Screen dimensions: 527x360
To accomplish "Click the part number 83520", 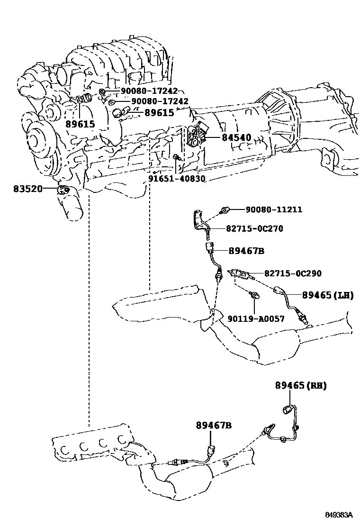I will click(28, 189).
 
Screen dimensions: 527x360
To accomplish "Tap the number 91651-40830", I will click(177, 179).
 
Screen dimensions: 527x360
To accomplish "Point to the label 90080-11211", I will click(274, 209).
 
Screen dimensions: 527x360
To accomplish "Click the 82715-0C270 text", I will click(254, 228).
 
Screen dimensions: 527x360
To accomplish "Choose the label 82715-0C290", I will click(293, 273).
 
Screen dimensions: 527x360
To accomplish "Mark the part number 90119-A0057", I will click(256, 319).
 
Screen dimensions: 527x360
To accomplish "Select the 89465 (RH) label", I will click(301, 386).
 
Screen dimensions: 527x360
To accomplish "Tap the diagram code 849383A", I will click(339, 515).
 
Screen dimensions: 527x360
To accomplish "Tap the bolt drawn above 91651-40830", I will click(176, 157).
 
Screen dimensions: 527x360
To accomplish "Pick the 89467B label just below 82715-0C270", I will click(246, 251).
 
